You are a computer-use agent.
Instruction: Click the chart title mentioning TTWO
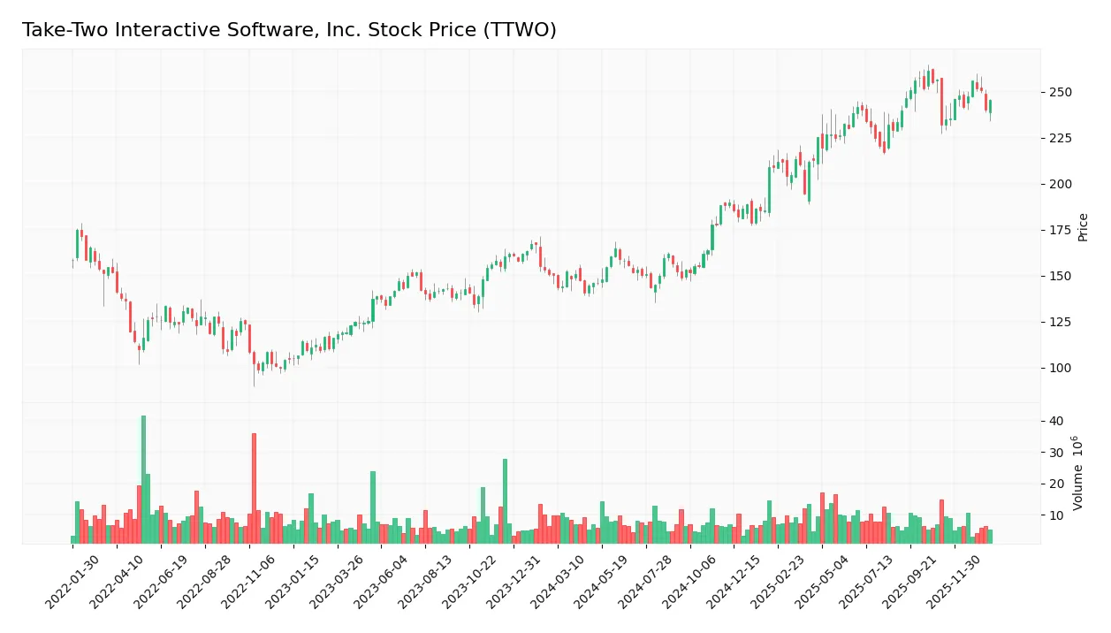[289, 30]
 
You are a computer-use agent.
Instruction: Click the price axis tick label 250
[1061, 92]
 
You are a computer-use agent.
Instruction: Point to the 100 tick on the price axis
[1061, 368]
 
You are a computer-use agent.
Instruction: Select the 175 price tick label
[1061, 230]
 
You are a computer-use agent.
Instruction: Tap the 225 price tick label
[1061, 138]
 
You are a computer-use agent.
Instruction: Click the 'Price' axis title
[1083, 227]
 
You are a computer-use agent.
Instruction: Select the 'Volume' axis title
[1078, 473]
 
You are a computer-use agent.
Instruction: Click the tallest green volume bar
[143, 478]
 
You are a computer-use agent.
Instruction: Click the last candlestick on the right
[990, 107]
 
